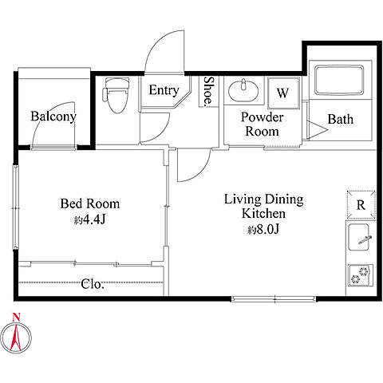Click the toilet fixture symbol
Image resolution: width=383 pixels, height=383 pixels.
pyautogui.click(x=116, y=95)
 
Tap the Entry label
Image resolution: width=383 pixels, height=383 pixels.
pyautogui.click(x=164, y=90)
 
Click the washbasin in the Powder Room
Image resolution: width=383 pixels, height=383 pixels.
pyautogui.click(x=243, y=91)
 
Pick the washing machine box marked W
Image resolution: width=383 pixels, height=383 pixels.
pyautogui.click(x=283, y=93)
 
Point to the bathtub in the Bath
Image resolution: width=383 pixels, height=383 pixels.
pyautogui.click(x=339, y=80)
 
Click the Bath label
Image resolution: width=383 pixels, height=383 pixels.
pyautogui.click(x=340, y=119)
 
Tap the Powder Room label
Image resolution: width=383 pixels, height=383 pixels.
pyautogui.click(x=262, y=124)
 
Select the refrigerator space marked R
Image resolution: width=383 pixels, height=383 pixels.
pyautogui.click(x=361, y=205)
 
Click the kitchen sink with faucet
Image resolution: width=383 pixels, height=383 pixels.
pyautogui.click(x=359, y=237)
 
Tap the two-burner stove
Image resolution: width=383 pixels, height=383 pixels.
pyautogui.click(x=361, y=275)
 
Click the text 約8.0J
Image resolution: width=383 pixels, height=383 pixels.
pyautogui.click(x=263, y=230)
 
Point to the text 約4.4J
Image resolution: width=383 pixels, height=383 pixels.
pyautogui.click(x=89, y=219)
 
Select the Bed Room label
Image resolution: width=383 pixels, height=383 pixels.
pyautogui.click(x=90, y=203)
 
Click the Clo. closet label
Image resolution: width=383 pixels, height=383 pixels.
pyautogui.click(x=93, y=284)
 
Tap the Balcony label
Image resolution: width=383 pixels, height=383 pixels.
pyautogui.click(x=53, y=116)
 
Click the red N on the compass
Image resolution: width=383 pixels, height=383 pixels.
pyautogui.click(x=16, y=317)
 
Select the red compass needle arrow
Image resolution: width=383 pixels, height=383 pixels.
pyautogui.click(x=16, y=337)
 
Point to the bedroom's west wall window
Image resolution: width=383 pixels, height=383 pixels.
pyautogui.click(x=16, y=207)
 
